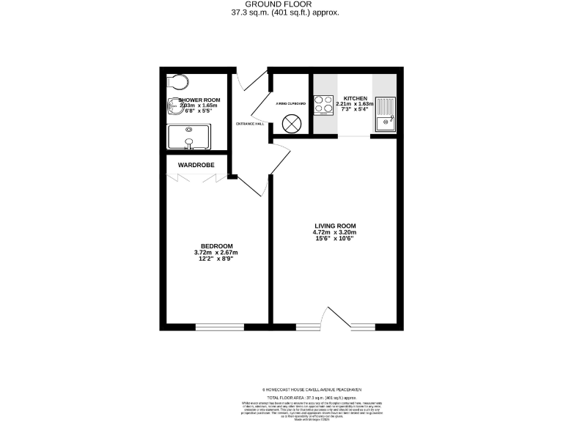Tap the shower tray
tap(188, 137)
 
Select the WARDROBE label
tap(196, 166)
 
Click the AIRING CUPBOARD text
tap(291, 104)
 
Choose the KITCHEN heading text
tap(355, 97)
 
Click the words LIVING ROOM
tap(335, 226)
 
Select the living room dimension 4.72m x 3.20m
tap(335, 232)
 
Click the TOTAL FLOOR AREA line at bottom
tap(312, 396)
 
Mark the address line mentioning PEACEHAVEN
tap(312, 389)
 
